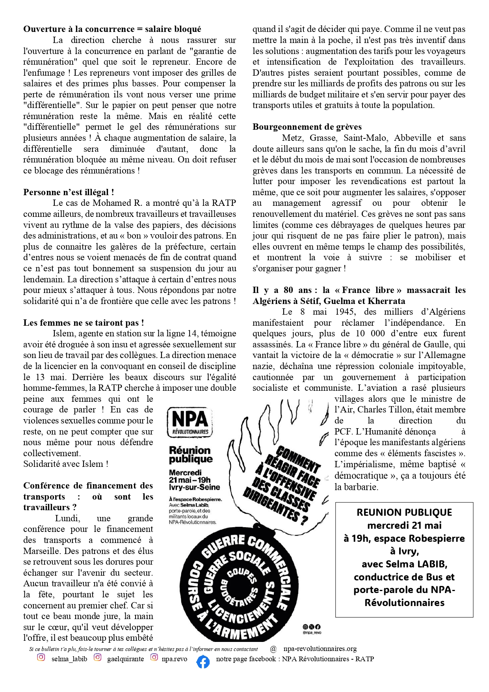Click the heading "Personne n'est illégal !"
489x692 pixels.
click(69, 192)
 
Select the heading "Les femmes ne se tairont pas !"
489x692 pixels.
click(84, 323)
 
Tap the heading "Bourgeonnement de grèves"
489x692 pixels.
click(307, 127)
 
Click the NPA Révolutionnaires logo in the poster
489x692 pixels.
click(190, 422)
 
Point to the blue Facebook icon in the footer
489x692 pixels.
click(203, 662)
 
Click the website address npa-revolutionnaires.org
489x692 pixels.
click(320, 649)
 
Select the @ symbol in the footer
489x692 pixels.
click(273, 649)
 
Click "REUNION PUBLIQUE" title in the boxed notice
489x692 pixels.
click(404, 513)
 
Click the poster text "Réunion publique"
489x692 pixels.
click(191, 455)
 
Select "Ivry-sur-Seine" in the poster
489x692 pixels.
click(194, 487)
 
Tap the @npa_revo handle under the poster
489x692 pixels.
click(312, 632)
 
